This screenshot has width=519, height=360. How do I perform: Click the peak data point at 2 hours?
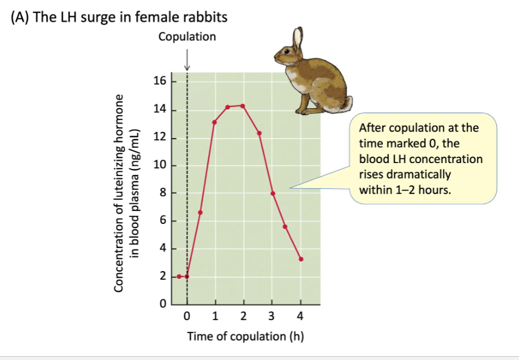243,106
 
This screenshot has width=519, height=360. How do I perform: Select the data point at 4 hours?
301,259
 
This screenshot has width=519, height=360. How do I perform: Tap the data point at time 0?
187,277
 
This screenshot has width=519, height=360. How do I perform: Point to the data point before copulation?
179,277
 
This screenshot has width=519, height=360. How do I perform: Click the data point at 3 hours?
273,194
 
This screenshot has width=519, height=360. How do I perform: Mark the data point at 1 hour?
215,122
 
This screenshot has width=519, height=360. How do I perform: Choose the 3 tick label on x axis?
272,316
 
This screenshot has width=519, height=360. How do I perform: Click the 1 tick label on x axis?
215,316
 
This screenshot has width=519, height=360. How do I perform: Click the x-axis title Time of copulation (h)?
245,337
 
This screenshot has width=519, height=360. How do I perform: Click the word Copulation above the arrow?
187,37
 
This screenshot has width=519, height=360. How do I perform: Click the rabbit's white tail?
348,102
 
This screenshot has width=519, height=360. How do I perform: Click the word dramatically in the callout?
397,175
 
